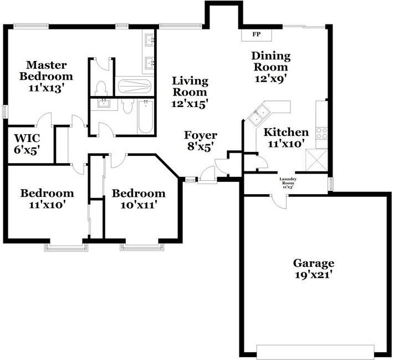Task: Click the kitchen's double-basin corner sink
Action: point(259,116)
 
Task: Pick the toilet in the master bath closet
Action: point(101,87)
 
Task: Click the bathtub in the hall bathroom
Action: point(145,116)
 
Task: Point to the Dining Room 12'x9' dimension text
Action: point(271,78)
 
